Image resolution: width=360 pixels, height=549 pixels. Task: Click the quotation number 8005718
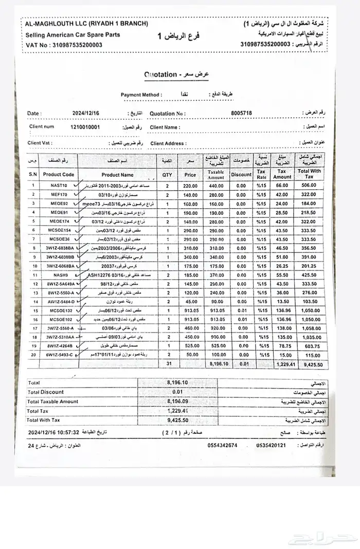(x=242, y=113)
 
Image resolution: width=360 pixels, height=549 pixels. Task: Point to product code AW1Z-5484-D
(x=61, y=302)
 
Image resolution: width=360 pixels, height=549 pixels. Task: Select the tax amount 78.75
(x=281, y=346)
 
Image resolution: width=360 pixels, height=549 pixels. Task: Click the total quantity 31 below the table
(x=168, y=363)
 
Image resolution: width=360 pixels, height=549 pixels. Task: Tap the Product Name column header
(x=117, y=175)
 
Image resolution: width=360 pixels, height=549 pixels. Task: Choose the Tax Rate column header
(x=261, y=174)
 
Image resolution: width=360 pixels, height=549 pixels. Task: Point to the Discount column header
(x=241, y=175)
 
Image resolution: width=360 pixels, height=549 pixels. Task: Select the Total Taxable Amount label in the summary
(x=52, y=401)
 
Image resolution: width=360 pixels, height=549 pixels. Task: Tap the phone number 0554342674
(x=222, y=445)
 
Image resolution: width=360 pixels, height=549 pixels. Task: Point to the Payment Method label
(x=141, y=95)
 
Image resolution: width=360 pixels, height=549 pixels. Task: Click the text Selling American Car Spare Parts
(x=73, y=34)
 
